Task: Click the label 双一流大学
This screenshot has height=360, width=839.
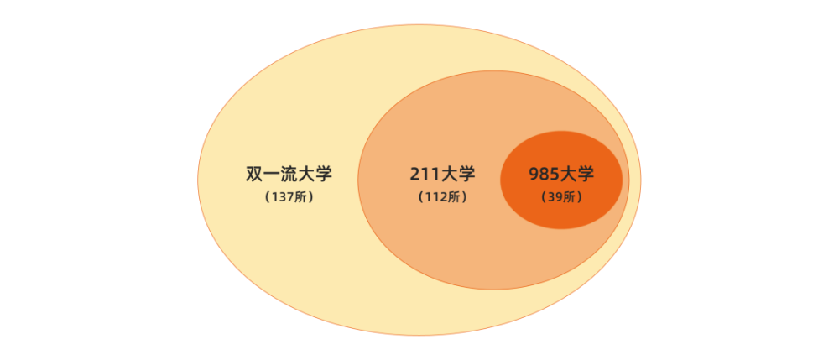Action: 289,175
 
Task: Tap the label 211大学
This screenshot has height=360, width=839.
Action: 442,175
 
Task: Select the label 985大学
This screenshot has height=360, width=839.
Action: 561,175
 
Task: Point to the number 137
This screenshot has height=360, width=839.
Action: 282,197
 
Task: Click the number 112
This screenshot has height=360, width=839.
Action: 435,197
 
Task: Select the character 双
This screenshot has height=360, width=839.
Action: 254,175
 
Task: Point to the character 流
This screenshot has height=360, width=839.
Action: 289,175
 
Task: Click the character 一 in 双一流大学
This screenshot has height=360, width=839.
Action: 272,175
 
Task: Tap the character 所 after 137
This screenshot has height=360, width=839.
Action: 300,197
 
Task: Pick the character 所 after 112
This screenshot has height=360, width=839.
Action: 453,197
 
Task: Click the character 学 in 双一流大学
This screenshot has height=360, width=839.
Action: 324,175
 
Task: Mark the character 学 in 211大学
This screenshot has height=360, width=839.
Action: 466,175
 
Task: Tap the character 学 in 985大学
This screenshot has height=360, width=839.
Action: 586,175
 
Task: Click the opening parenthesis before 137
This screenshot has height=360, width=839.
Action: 268,197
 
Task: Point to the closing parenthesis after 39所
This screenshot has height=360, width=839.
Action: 579,197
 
